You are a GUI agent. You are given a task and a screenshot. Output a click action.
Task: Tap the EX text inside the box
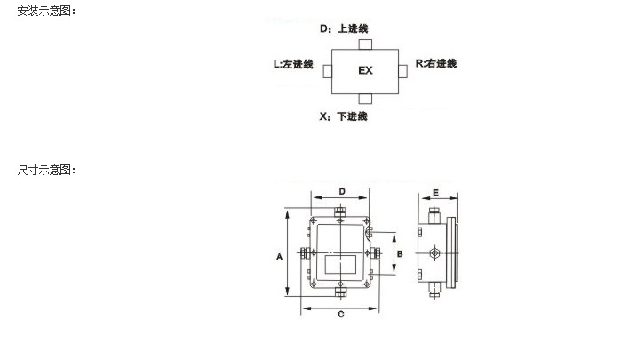[365, 70]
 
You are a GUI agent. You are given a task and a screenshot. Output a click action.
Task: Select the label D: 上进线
[344, 28]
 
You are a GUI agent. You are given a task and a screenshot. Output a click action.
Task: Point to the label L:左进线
[293, 64]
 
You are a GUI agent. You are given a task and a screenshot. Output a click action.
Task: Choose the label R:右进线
[436, 63]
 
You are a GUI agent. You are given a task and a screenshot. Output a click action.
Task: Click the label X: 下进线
[343, 116]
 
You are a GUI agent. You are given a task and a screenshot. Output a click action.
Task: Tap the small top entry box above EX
[365, 44]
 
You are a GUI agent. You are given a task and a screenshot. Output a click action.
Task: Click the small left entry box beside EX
[328, 71]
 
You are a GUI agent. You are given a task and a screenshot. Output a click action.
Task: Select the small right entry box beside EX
[402, 71]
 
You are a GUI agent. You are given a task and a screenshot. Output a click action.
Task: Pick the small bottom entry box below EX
[365, 99]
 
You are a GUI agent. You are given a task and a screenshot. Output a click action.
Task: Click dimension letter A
[279, 257]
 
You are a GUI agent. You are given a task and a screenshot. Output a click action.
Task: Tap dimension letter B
[400, 254]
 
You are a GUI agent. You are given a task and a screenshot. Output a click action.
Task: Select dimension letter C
[341, 314]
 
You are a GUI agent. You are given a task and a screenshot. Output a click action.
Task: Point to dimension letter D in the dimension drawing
[342, 191]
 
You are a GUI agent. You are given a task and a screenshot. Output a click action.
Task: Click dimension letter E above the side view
[436, 193]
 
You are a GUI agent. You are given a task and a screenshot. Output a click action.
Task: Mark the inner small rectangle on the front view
[340, 265]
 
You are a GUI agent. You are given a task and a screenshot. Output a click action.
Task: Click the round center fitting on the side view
[434, 253]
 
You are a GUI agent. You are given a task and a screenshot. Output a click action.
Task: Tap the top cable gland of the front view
[340, 212]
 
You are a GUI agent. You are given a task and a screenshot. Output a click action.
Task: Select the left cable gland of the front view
[305, 253]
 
